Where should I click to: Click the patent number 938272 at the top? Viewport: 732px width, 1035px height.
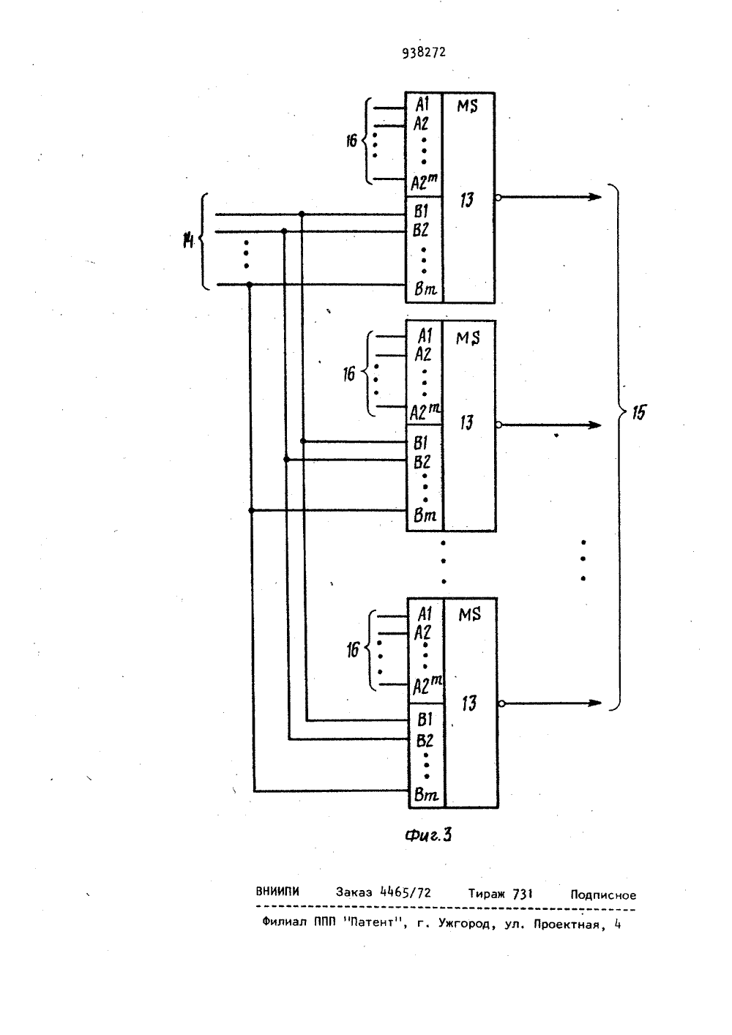click(424, 53)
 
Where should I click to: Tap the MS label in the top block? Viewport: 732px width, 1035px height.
click(467, 106)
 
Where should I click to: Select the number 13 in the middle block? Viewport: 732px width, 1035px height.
click(467, 422)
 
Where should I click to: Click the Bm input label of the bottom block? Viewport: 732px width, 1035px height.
click(426, 795)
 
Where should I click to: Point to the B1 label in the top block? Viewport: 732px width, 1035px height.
click(421, 212)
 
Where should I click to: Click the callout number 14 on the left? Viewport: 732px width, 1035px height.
click(188, 241)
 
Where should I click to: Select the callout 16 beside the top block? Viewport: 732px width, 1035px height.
click(351, 141)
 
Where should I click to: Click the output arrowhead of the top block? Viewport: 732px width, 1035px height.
click(594, 198)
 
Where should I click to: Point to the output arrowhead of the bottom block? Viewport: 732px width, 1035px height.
click(594, 703)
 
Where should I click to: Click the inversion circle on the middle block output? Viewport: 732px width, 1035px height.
click(498, 425)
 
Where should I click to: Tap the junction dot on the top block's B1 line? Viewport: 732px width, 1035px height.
click(302, 214)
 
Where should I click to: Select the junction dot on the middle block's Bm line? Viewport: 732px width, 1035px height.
click(251, 511)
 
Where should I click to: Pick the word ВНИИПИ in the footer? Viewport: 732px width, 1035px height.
click(277, 891)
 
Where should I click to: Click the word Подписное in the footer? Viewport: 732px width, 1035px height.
click(603, 895)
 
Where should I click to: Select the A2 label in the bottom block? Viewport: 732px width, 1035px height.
click(422, 632)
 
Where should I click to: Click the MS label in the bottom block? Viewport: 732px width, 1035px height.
click(469, 614)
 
